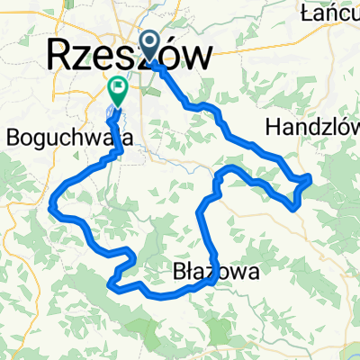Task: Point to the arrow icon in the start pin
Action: point(151,41)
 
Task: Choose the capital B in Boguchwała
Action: point(13,139)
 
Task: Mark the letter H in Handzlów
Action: point(274,128)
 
